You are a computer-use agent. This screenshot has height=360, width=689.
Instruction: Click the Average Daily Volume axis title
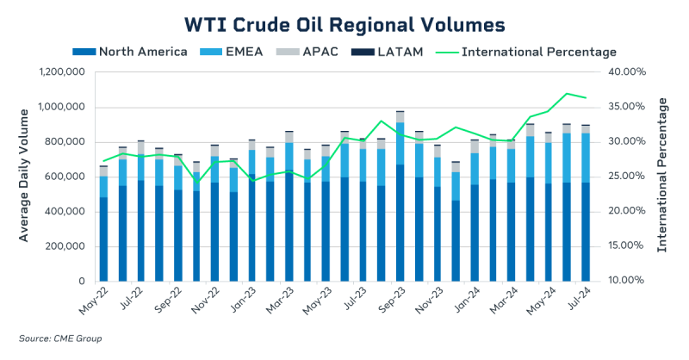tap(24, 176)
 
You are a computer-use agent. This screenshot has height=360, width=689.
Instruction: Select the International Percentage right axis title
tap(663, 176)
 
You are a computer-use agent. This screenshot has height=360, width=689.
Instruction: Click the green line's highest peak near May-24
tap(566, 93)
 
